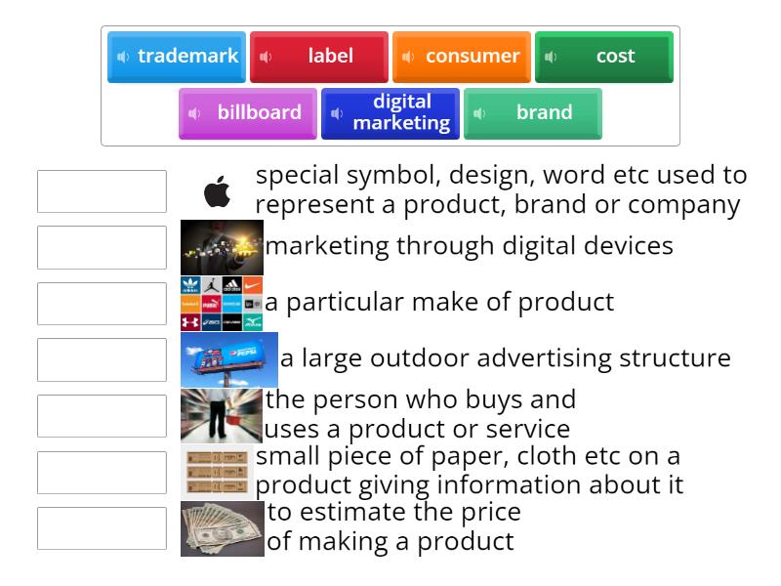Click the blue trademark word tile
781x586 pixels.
coord(177,57)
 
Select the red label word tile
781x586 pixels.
coord(319,57)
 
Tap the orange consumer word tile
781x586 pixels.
coord(462,57)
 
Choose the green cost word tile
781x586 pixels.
coord(604,57)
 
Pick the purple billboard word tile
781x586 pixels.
coord(248,113)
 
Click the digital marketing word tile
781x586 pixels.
coord(390,113)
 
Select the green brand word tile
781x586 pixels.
coord(533,113)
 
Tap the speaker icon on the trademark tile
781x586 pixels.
coord(123,57)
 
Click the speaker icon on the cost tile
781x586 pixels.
coord(551,57)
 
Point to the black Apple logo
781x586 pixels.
coord(218,191)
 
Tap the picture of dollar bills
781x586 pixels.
coord(223,528)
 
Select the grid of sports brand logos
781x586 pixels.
coord(222,304)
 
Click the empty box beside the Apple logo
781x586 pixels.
coord(103,191)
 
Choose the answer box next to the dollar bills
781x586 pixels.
coord(103,528)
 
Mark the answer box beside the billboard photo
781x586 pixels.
coord(103,359)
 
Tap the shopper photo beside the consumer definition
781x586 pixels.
coord(222,416)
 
